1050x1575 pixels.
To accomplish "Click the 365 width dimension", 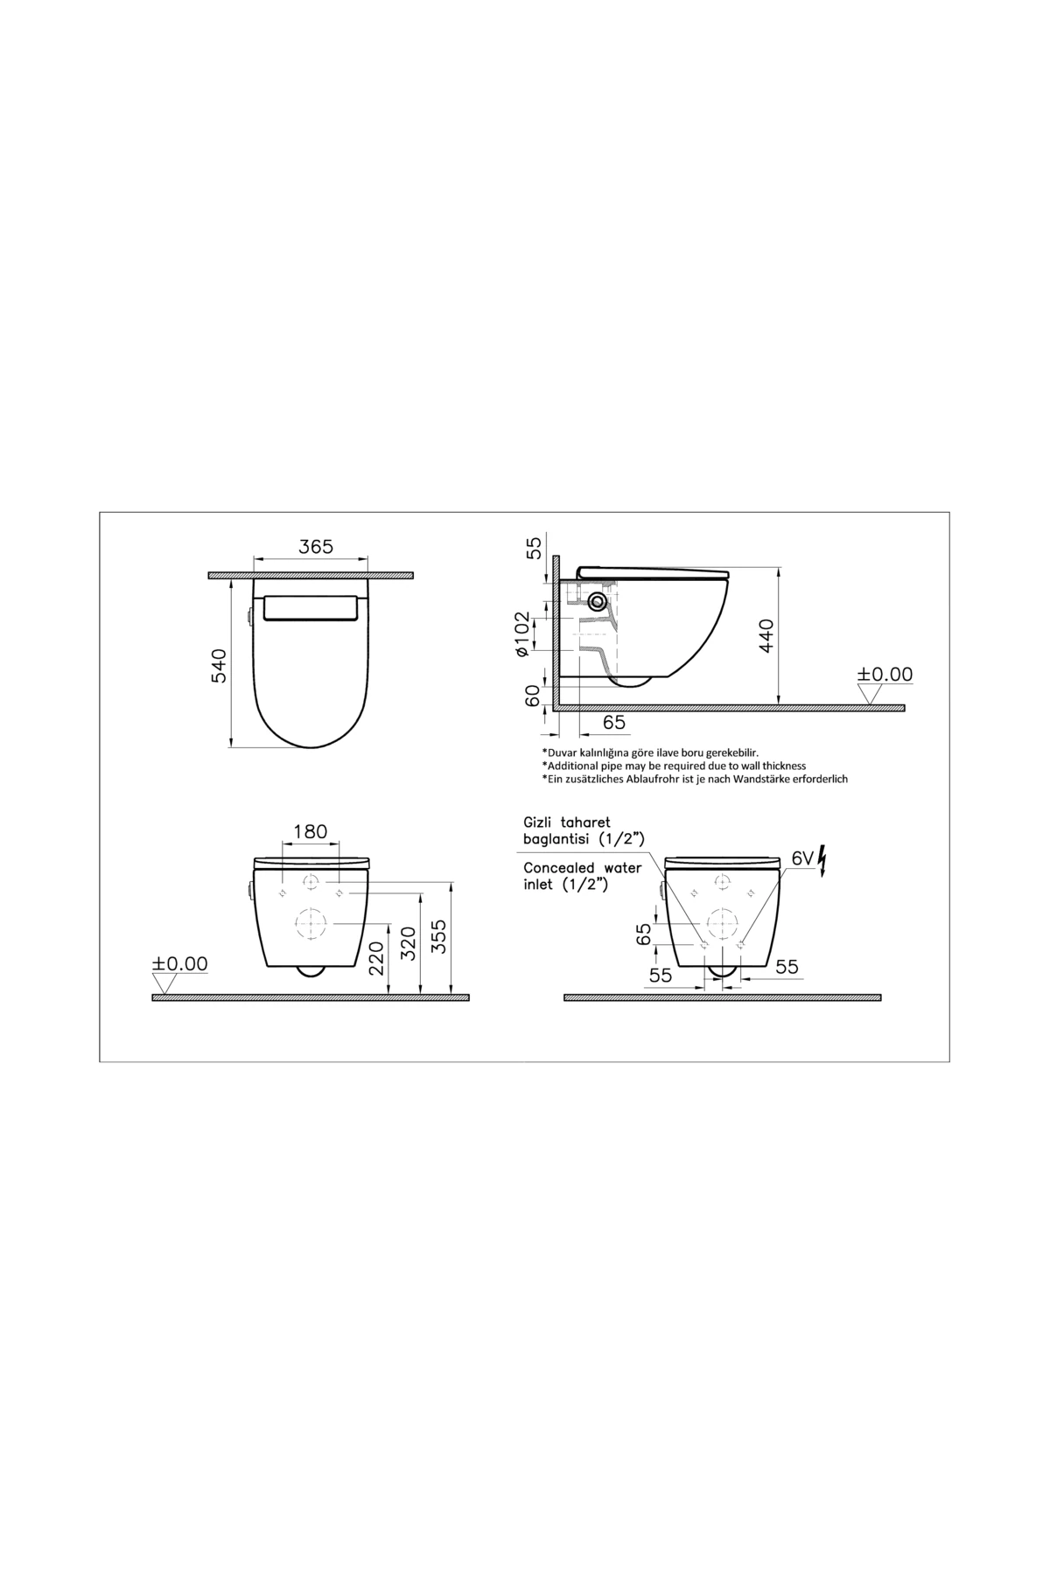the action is pos(316,547).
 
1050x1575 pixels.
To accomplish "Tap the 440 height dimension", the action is pos(766,636).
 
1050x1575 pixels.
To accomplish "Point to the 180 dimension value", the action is pos(310,831).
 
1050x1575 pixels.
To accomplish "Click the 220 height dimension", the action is pos(376,958).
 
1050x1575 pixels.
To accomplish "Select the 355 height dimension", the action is pos(439,935).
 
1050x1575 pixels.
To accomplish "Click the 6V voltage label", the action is pos(802,858).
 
